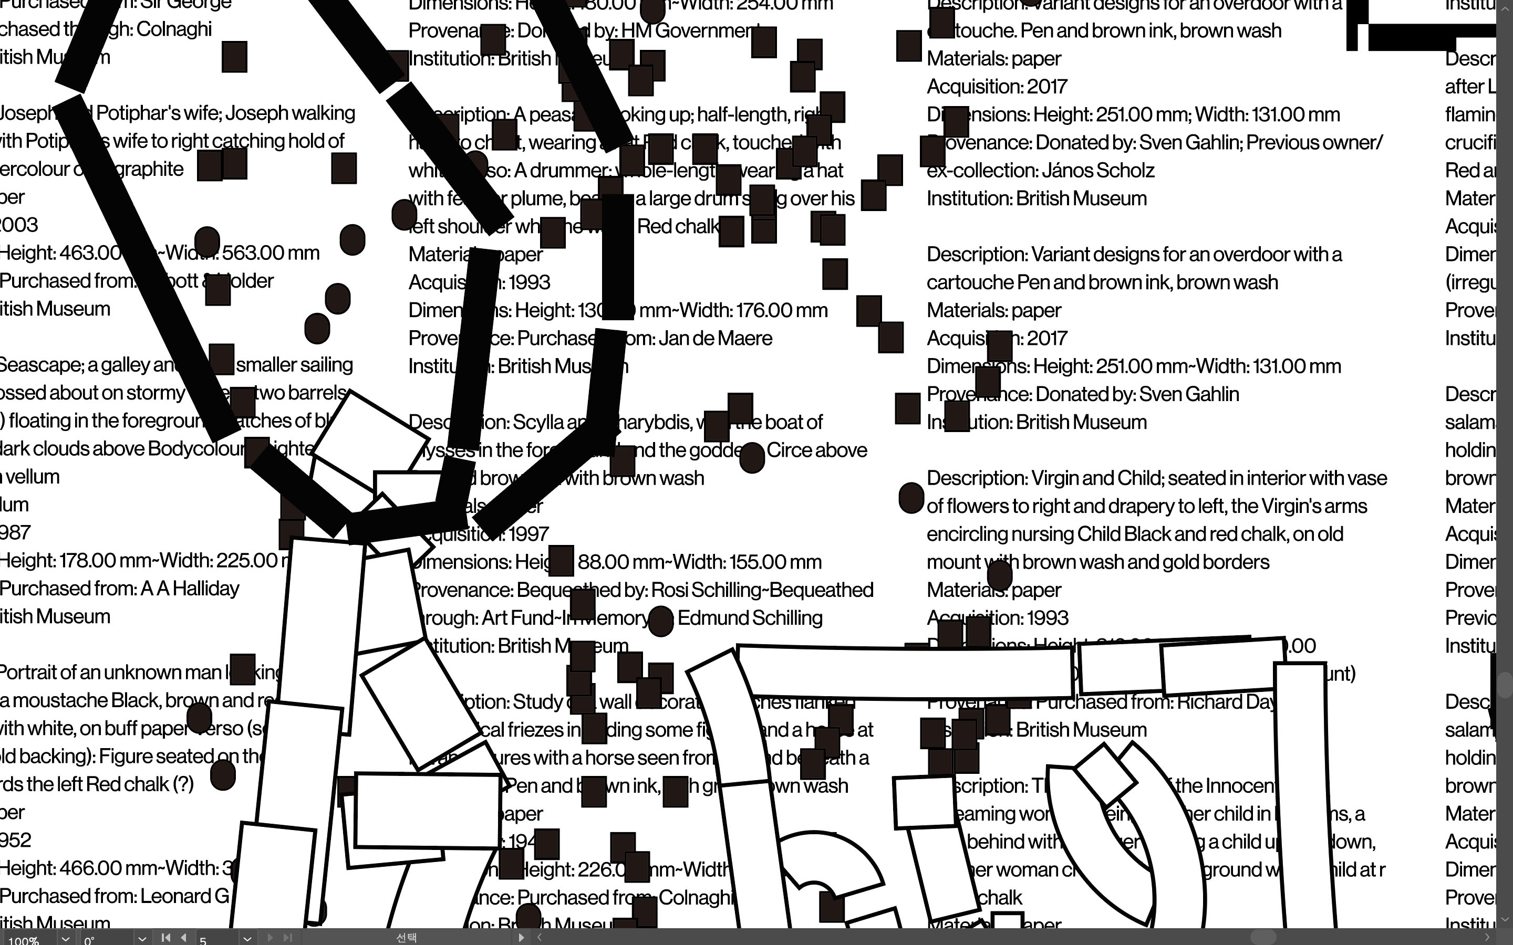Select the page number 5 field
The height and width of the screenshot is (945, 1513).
[x=216, y=939]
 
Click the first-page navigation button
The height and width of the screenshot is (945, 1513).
[x=165, y=938]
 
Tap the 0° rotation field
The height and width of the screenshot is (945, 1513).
[x=106, y=939]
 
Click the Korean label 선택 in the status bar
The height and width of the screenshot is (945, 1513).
[x=407, y=937]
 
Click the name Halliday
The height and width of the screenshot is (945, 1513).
[x=206, y=589]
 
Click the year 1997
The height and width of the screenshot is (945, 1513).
[x=528, y=534]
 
